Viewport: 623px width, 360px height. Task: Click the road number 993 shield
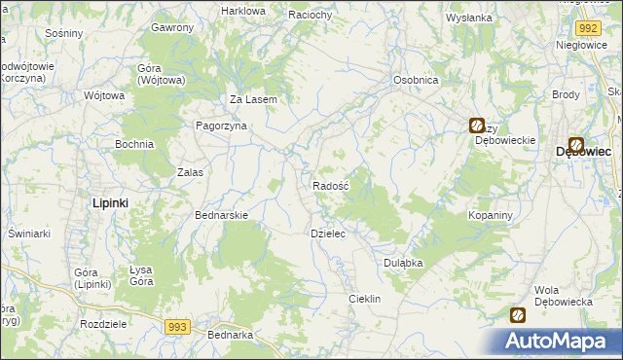[176, 327]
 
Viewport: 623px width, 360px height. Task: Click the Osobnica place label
[415, 80]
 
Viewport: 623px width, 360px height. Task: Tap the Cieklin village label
[364, 299]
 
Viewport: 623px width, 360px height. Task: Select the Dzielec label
[328, 234]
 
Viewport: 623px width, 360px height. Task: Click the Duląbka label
[401, 262]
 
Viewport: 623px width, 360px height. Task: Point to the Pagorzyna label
[222, 126]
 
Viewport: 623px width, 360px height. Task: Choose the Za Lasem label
[254, 99]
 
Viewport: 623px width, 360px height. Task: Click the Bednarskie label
[223, 215]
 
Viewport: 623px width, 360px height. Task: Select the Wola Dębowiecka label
[564, 296]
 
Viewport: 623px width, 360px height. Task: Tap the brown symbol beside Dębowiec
[576, 143]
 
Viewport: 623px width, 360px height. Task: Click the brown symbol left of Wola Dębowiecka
[518, 314]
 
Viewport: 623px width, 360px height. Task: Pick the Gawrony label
[172, 27]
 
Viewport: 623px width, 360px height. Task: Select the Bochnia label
[134, 144]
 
